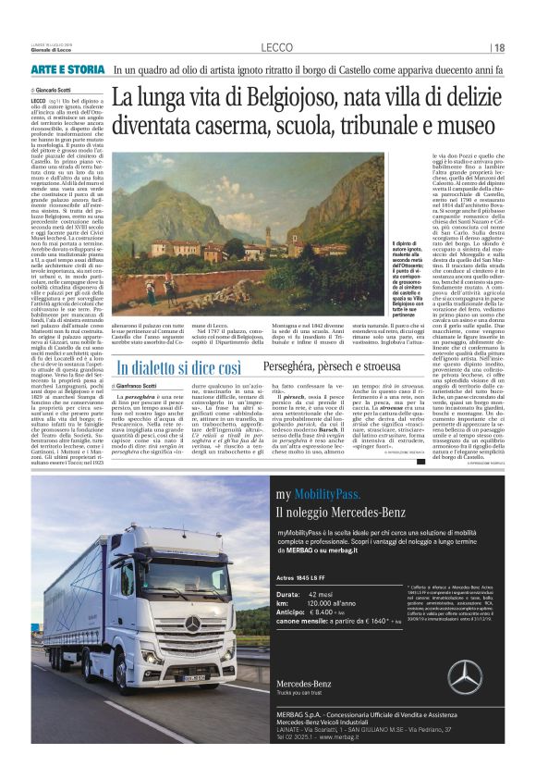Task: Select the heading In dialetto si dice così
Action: (x=179, y=368)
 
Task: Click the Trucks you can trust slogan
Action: (x=304, y=718)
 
